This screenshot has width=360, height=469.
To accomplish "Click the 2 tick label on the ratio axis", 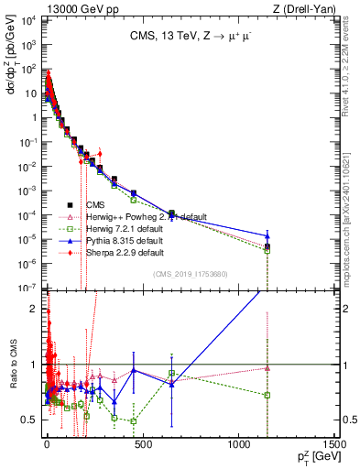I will (x=36, y=309).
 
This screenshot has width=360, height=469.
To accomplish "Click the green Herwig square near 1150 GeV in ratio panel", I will (x=267, y=395).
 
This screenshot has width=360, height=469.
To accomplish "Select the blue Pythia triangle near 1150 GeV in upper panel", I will (x=267, y=235).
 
